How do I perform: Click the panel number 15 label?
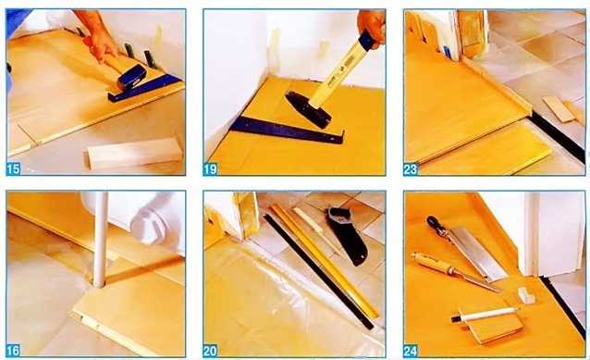point(13,168)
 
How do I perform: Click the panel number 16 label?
point(13,351)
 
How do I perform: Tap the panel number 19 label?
point(210,169)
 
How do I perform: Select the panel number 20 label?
point(210,351)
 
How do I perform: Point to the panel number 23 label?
point(411,169)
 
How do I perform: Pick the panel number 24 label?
point(411,351)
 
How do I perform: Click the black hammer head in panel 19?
point(308,109)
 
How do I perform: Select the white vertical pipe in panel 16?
point(101,240)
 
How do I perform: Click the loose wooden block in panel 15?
point(134,154)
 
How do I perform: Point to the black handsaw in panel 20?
point(346,235)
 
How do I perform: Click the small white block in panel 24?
point(526,295)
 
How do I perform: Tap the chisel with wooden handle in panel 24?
point(456,271)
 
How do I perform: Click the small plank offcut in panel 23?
point(559,109)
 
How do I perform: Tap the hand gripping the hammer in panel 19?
point(372,26)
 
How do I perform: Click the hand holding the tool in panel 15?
point(98,37)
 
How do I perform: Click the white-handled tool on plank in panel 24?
point(485,315)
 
